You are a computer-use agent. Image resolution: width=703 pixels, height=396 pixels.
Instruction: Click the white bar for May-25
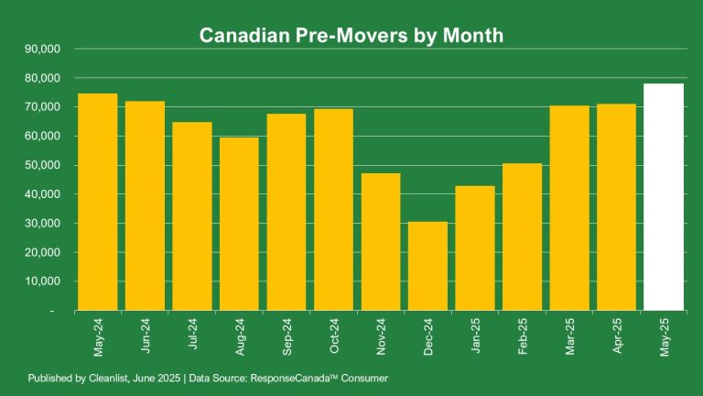[x=664, y=197]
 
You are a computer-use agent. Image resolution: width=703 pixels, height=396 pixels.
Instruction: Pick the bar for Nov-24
[x=381, y=242]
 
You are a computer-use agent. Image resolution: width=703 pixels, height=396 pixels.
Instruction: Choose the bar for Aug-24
[x=239, y=224]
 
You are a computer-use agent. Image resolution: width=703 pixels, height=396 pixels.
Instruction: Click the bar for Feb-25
[x=522, y=236]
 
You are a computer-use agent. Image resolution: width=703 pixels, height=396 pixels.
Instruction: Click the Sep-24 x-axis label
[x=287, y=335]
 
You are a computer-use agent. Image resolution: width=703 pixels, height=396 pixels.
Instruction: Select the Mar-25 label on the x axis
[x=569, y=335]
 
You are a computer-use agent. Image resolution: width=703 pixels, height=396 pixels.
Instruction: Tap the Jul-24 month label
[x=192, y=334]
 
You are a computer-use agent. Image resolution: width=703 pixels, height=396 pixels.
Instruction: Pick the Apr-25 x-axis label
[x=616, y=335]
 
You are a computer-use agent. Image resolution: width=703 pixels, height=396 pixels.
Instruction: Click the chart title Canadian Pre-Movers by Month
[x=351, y=36]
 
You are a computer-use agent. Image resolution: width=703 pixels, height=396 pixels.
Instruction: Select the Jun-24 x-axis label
[x=145, y=335]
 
